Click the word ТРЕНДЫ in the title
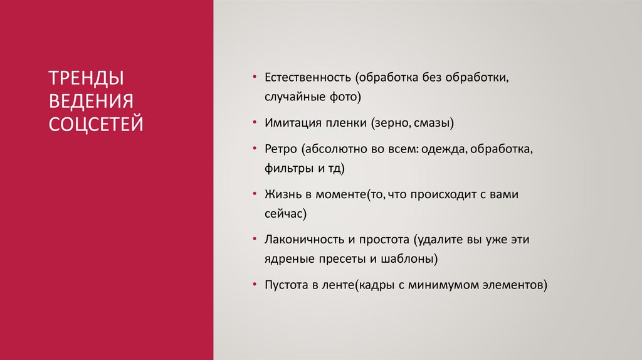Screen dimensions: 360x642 [x=86, y=78]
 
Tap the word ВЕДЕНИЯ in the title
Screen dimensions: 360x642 [x=92, y=101]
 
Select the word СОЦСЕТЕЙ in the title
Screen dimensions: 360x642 [x=96, y=123]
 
